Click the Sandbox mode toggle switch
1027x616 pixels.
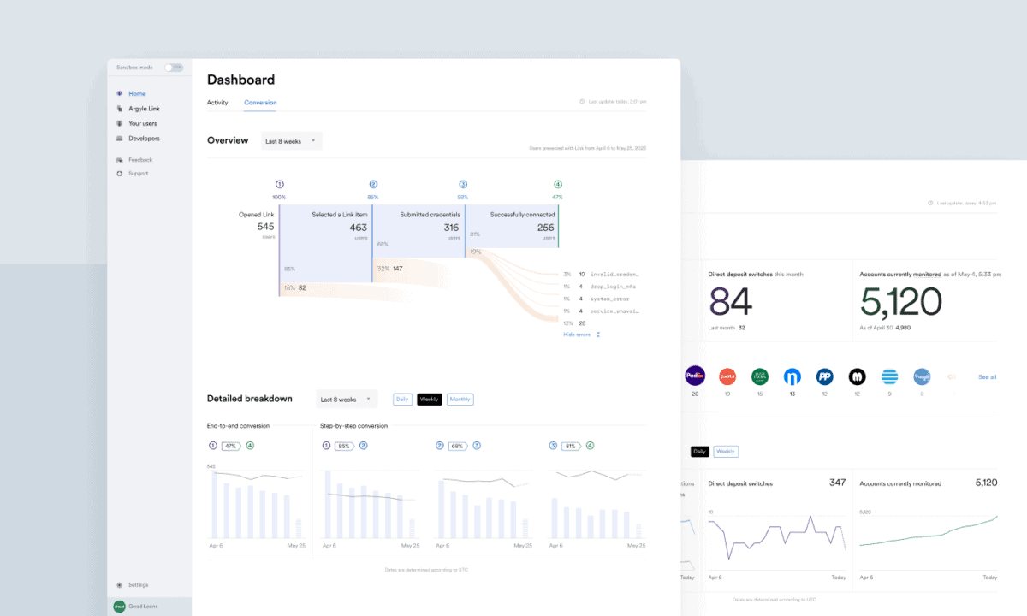click(x=174, y=67)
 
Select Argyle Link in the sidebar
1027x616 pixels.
click(x=144, y=109)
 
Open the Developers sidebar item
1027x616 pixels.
click(x=144, y=139)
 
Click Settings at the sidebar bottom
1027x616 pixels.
click(x=138, y=585)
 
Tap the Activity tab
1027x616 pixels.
click(x=217, y=103)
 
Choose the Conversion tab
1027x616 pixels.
click(x=260, y=103)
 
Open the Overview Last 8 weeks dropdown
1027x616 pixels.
click(x=291, y=141)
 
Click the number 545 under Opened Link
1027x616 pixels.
click(x=265, y=227)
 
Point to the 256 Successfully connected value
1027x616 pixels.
click(x=545, y=228)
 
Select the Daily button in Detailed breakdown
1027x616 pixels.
click(x=402, y=400)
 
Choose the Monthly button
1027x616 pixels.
click(x=460, y=400)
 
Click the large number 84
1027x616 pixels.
click(x=730, y=302)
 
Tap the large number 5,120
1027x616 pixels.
click(x=900, y=302)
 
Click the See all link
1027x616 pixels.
click(x=987, y=377)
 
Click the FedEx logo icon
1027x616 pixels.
click(x=695, y=376)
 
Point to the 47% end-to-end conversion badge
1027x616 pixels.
click(x=231, y=446)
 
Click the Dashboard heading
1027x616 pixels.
click(x=240, y=80)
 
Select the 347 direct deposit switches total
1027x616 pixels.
click(x=837, y=483)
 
